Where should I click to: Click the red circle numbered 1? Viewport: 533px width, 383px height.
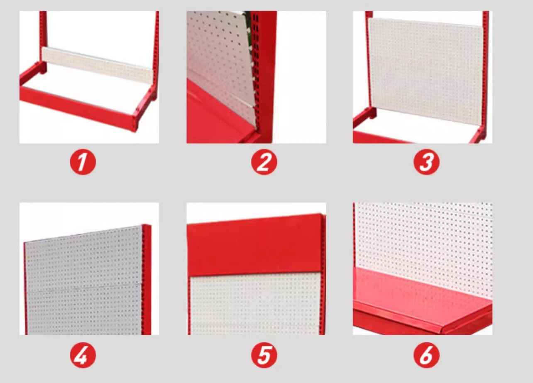83,162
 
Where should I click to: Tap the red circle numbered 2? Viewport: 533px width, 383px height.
264,162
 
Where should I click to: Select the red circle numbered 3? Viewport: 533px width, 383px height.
426,162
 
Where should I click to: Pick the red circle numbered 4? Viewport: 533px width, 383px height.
83,356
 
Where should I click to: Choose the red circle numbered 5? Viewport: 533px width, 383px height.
264,356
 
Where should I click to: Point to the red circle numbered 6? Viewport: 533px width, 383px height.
426,356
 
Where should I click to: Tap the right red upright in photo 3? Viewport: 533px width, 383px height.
485,71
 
